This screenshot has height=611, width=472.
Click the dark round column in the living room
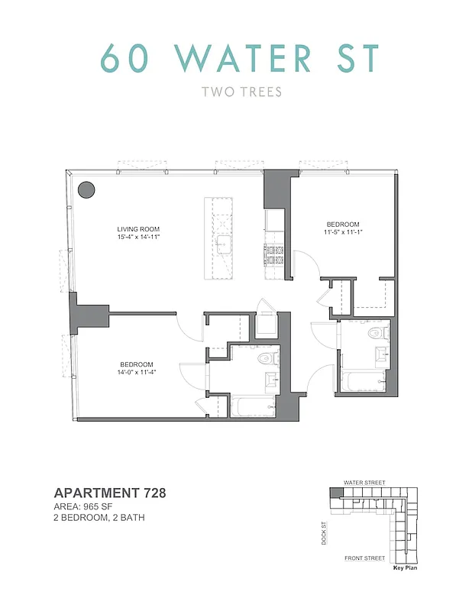point(86,189)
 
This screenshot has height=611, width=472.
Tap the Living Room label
point(138,229)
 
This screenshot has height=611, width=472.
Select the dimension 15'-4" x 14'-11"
point(138,238)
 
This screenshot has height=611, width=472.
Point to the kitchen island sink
point(225,245)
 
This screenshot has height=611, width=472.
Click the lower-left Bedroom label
point(137,364)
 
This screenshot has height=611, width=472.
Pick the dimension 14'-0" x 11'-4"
point(137,373)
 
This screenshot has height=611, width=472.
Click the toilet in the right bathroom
point(374,335)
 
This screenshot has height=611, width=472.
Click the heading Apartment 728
point(110,493)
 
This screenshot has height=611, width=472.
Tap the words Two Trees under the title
point(241,92)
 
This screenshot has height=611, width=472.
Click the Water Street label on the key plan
point(364,483)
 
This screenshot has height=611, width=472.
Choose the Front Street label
point(364,558)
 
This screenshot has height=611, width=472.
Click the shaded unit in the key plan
point(336,493)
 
